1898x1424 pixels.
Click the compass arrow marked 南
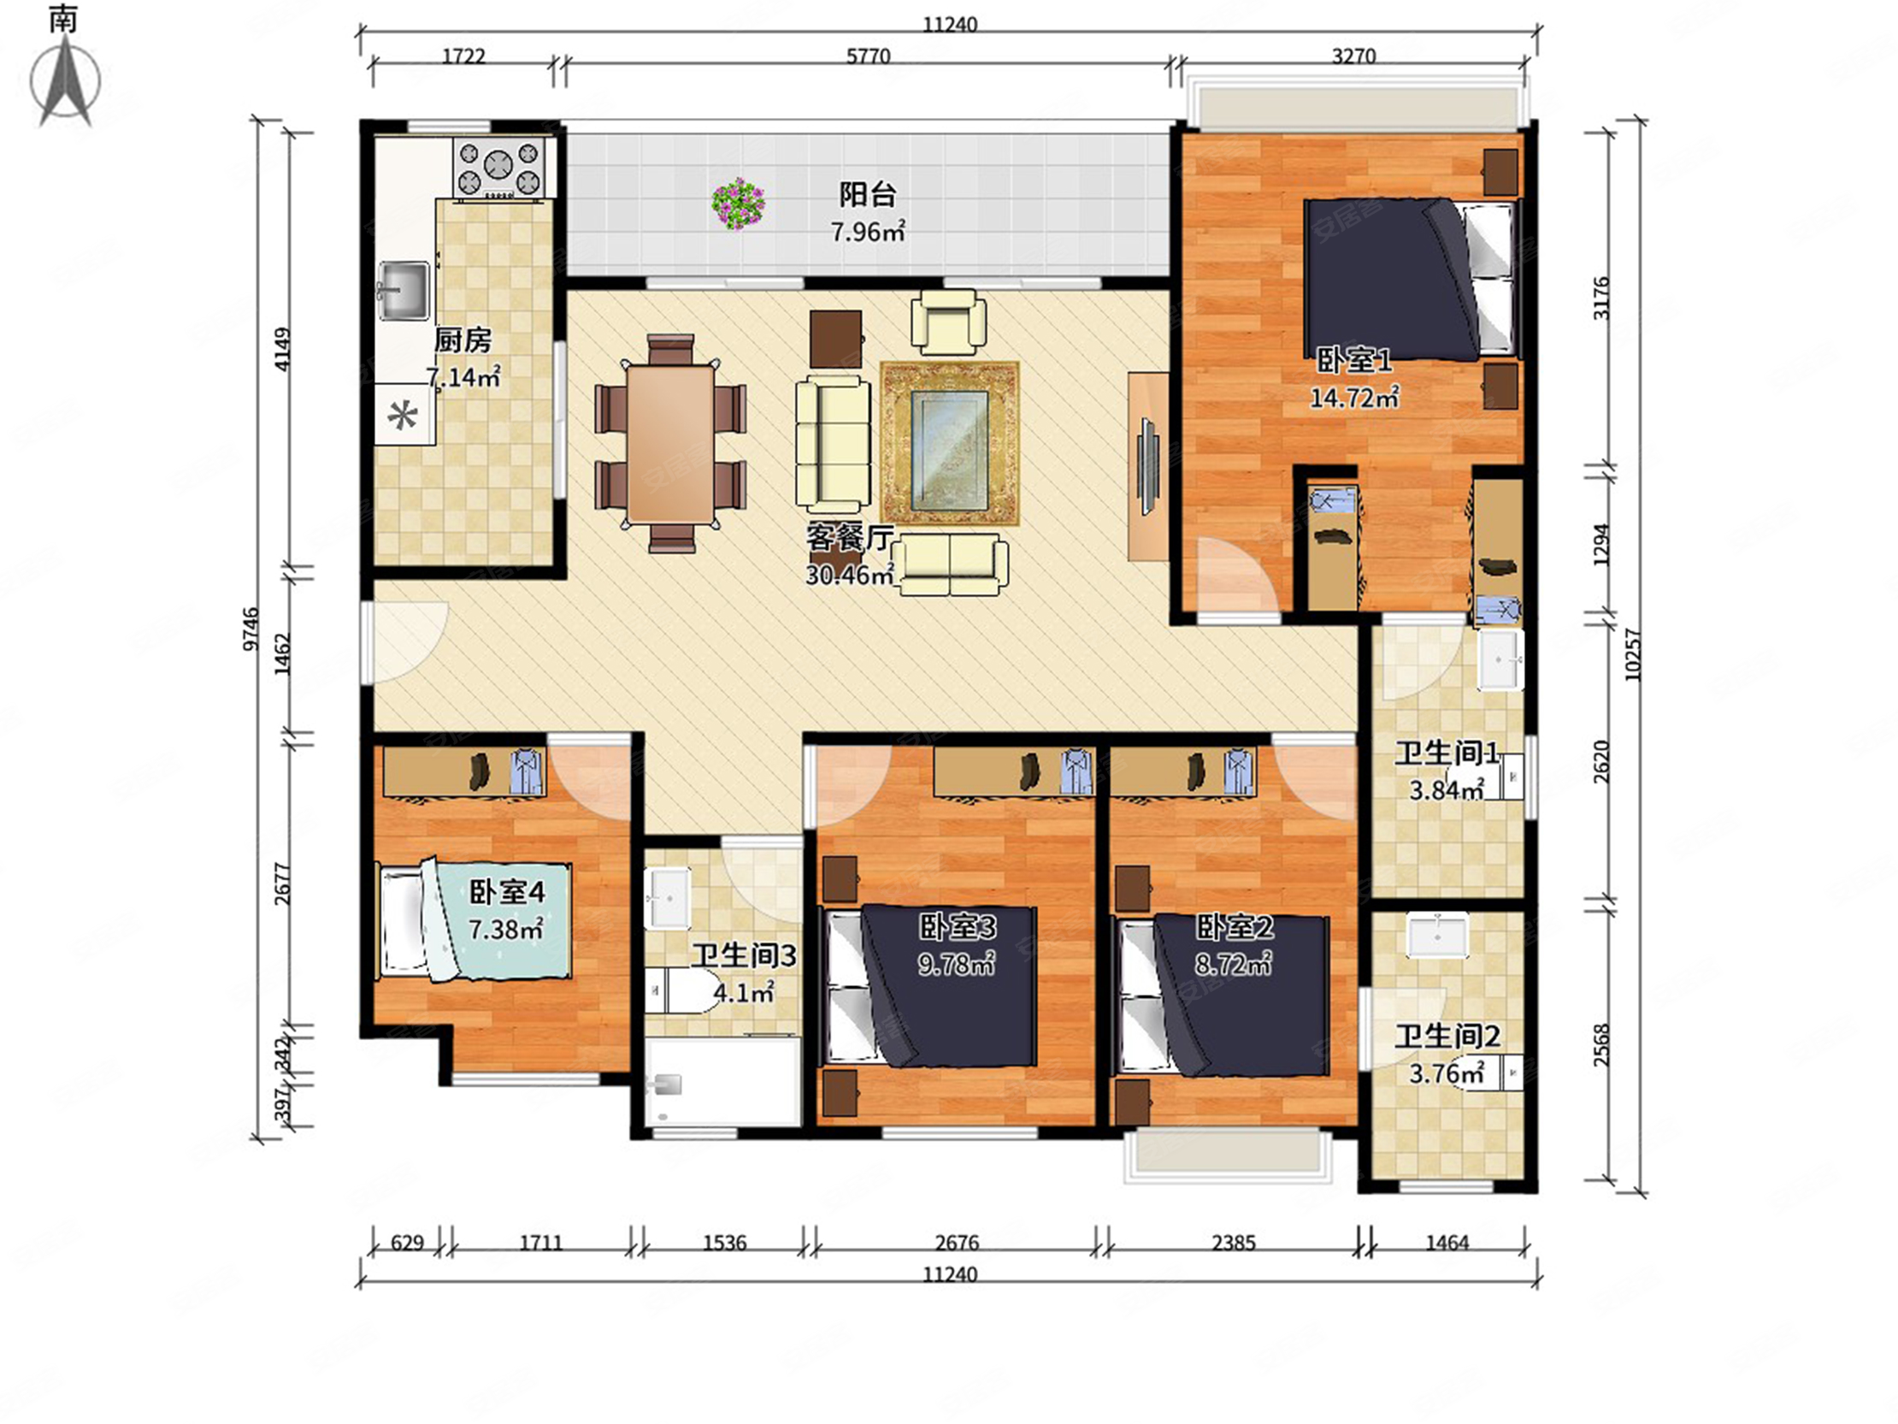66,81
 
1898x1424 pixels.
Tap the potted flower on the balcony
738,204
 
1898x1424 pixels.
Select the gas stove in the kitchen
499,168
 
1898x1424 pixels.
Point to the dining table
670,444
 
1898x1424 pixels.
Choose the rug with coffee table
950,443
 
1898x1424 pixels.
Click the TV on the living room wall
1148,466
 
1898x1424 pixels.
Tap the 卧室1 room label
1354,361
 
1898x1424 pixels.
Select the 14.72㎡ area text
1354,398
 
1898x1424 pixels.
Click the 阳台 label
868,195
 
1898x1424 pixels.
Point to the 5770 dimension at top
869,56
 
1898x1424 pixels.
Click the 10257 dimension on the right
1632,656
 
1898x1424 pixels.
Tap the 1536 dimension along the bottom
724,1243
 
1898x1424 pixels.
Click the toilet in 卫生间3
684,993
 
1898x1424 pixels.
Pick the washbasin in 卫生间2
1437,934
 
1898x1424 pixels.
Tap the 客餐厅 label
850,538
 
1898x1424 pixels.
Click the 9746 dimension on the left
250,629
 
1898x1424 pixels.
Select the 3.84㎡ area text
1446,789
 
